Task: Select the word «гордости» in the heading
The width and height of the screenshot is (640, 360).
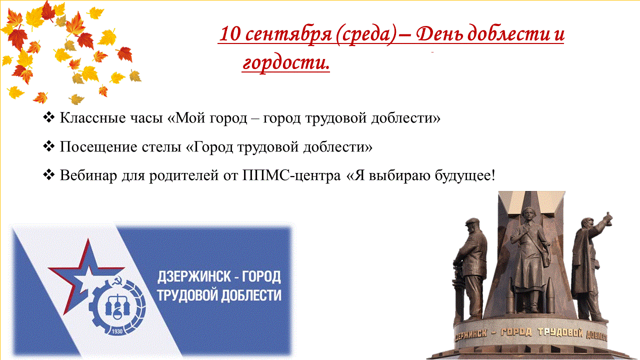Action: (x=286, y=63)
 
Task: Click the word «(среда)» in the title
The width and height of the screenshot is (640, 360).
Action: (x=366, y=34)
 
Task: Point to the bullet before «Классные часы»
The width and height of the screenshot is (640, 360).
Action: (x=49, y=117)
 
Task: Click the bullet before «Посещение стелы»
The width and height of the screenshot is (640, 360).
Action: (x=49, y=146)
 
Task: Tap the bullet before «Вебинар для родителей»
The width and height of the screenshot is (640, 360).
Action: (x=49, y=175)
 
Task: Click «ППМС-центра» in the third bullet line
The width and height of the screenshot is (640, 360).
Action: (x=291, y=175)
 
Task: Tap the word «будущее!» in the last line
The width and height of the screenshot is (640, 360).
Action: (x=465, y=175)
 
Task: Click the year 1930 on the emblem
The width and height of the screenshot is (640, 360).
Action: (x=117, y=331)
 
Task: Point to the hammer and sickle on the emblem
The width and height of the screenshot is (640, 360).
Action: (x=116, y=282)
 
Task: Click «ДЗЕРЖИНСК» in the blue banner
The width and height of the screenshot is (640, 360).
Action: (x=194, y=276)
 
